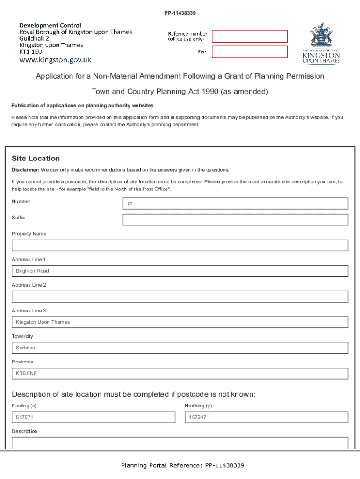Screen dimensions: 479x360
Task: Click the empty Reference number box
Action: [250, 36]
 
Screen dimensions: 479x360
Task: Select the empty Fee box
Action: [250, 52]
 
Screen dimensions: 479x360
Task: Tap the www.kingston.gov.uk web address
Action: [55, 60]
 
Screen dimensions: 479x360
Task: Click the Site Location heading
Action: [36, 159]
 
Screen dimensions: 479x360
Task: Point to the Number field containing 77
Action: [235, 203]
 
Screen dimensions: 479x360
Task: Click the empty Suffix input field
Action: [235, 220]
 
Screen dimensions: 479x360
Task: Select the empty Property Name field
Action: [180, 246]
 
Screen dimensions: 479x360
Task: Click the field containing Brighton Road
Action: [180, 271]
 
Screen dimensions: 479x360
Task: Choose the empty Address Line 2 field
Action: [180, 297]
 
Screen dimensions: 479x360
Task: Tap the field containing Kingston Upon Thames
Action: [180, 322]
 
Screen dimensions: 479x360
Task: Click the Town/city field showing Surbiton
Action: [180, 348]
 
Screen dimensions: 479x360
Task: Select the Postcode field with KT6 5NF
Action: [180, 373]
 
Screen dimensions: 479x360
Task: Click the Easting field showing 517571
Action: [94, 417]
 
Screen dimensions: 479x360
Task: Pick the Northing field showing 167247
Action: [266, 417]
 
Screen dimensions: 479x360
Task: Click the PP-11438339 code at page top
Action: [180, 13]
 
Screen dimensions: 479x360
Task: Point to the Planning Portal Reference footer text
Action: [182, 465]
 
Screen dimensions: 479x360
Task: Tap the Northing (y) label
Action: [198, 406]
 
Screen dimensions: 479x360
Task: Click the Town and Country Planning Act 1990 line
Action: [180, 91]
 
